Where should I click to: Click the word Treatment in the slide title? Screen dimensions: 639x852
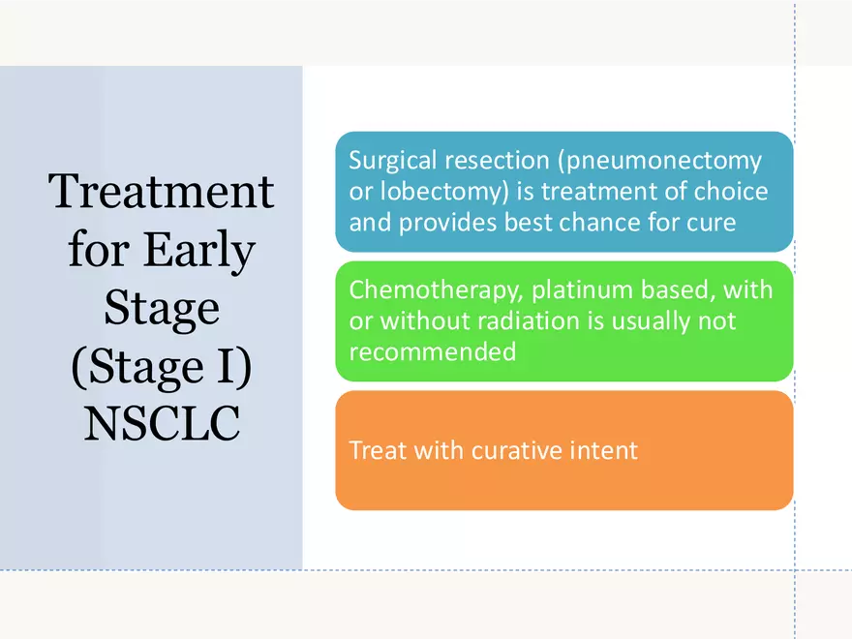(x=162, y=191)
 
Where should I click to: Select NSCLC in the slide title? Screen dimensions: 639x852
(x=162, y=425)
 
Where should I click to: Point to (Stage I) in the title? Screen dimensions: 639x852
(x=162, y=367)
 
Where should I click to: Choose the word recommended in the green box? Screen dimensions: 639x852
(x=432, y=351)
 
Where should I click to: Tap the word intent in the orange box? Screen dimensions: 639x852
(x=604, y=450)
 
